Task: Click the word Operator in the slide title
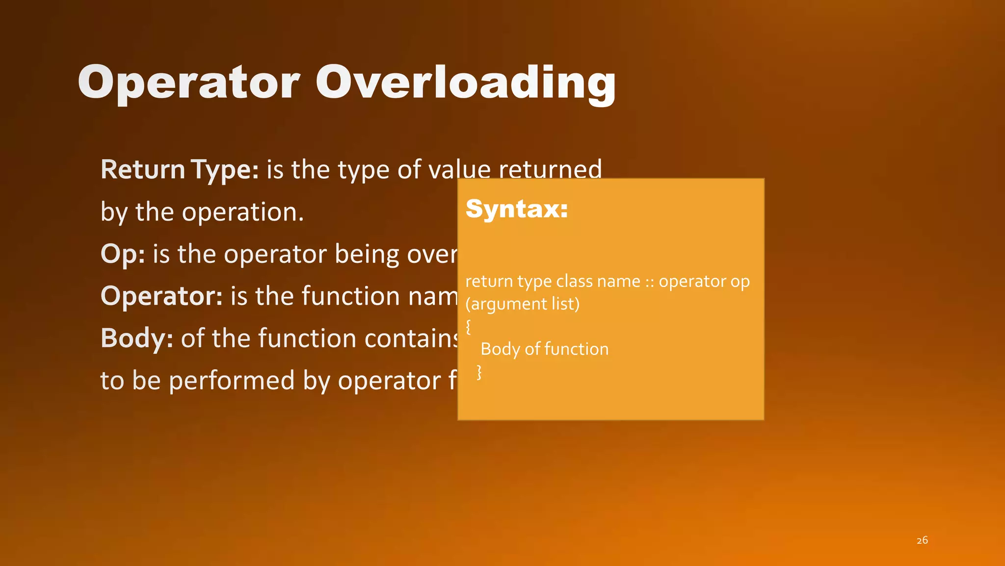[189, 83]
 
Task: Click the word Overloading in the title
[465, 83]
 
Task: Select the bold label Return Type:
[180, 170]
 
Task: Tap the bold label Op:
[123, 255]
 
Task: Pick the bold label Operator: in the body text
[161, 296]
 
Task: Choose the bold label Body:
[136, 339]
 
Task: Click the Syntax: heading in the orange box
[517, 209]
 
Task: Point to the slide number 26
[922, 540]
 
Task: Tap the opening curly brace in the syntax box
[468, 327]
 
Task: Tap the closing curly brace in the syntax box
[479, 372]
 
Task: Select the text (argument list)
[522, 304]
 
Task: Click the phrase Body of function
[544, 349]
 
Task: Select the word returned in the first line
[550, 170]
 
